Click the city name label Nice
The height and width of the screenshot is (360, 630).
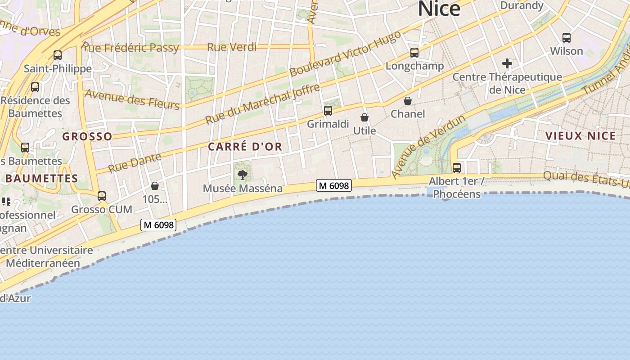[439, 9]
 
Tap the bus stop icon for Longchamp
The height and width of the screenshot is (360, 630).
[414, 53]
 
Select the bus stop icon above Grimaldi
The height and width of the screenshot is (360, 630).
[328, 110]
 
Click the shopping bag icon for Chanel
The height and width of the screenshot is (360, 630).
[408, 101]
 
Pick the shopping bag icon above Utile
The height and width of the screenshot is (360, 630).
[364, 117]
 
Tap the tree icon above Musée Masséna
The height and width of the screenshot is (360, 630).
[242, 175]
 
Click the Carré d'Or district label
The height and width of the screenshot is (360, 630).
[245, 147]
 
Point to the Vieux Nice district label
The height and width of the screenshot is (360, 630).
[580, 136]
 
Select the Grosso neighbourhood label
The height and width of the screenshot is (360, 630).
[87, 136]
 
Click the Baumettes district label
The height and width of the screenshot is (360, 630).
[42, 178]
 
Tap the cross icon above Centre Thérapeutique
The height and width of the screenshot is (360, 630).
[507, 63]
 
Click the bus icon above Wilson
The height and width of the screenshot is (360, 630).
[567, 38]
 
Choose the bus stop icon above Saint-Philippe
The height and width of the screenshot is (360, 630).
[58, 55]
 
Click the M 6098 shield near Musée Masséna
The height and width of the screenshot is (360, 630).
[333, 185]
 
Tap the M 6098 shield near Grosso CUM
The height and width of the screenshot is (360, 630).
[158, 225]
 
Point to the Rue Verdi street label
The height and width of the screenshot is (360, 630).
[232, 47]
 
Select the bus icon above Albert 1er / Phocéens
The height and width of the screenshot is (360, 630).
[457, 168]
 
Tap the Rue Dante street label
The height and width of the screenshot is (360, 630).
[135, 162]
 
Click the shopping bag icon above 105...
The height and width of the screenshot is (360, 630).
[155, 186]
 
